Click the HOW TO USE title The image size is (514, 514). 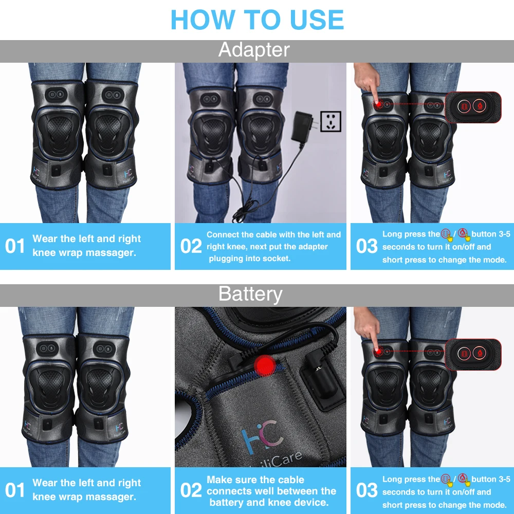(258, 20)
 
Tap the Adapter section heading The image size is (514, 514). (254, 50)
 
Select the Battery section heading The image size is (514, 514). (250, 293)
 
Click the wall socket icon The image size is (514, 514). (331, 121)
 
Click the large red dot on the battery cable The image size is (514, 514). (265, 365)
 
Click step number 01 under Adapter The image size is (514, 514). (15, 246)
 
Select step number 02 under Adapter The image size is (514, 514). (191, 246)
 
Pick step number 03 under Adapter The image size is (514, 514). (367, 246)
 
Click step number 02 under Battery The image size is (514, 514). (191, 490)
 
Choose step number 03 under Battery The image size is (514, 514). (367, 490)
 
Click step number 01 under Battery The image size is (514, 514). (15, 490)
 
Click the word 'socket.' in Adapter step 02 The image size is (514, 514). (274, 259)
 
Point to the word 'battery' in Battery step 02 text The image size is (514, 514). (225, 503)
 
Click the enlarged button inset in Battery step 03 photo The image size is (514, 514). (473, 354)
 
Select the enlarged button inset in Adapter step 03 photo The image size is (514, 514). (473, 107)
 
